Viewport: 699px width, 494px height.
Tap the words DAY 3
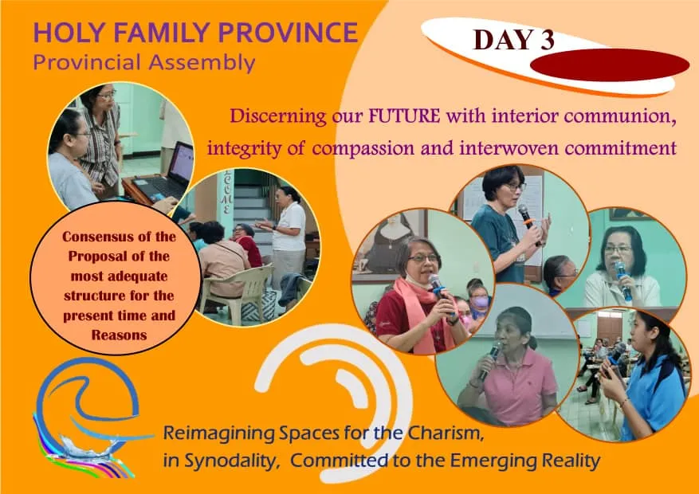tap(513, 40)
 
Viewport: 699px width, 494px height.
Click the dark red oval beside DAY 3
tap(610, 65)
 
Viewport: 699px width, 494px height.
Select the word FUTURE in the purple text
tap(404, 116)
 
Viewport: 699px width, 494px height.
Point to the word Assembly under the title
tap(202, 62)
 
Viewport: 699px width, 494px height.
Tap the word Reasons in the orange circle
tap(119, 335)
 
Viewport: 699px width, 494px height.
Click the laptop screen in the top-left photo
tap(182, 163)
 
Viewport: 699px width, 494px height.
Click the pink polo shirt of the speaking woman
tap(520, 384)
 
